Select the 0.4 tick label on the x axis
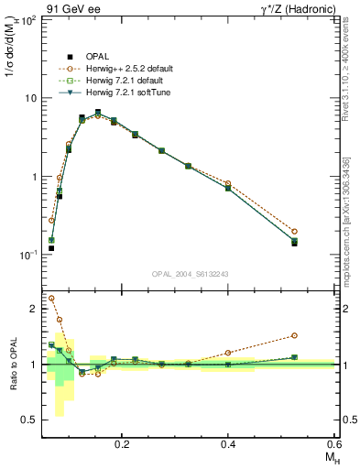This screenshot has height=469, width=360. point(228,443)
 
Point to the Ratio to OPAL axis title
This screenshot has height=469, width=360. point(12,364)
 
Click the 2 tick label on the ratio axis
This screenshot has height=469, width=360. point(33,309)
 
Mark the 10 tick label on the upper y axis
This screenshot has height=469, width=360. point(29,98)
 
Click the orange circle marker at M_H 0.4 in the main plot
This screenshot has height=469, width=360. point(228,184)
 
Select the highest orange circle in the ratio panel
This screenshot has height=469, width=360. point(51,298)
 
